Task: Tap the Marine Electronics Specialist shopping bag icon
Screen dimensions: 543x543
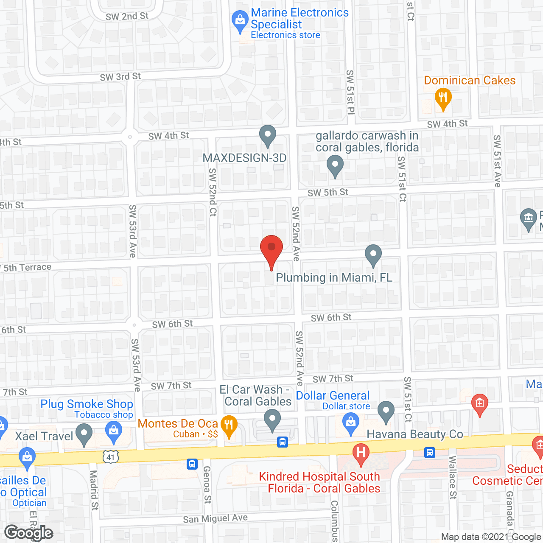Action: pos(240,20)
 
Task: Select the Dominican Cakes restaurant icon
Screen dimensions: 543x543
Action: pos(443,98)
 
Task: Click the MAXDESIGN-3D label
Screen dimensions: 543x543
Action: pos(245,158)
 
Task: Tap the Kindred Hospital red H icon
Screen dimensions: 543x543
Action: pos(361,452)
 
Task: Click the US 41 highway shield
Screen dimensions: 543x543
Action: pos(111,457)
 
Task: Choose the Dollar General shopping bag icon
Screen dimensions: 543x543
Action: pos(350,423)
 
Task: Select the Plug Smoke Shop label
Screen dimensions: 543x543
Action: pos(87,404)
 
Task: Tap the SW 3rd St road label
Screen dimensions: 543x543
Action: pos(120,77)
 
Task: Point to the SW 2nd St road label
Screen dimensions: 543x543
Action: pos(127,17)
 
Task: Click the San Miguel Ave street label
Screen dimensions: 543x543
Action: pos(215,518)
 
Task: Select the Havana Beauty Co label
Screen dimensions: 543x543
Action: pos(414,434)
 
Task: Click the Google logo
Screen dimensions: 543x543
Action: pos(28,533)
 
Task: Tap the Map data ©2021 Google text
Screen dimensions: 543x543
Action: pos(491,537)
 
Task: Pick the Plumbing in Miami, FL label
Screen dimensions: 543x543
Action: pos(334,277)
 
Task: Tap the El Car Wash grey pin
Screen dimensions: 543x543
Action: pos(272,420)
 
